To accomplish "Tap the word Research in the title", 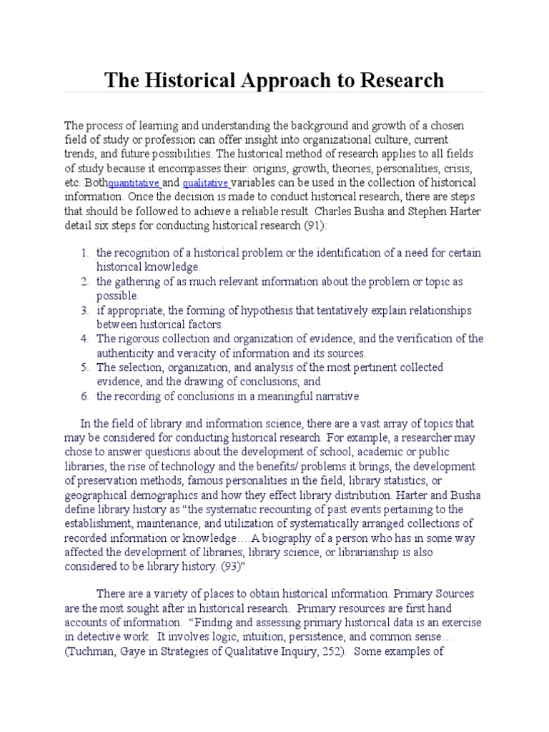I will (x=397, y=79).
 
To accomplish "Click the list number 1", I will (x=84, y=252).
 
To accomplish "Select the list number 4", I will (x=84, y=338).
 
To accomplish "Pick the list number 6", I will (x=84, y=395).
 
